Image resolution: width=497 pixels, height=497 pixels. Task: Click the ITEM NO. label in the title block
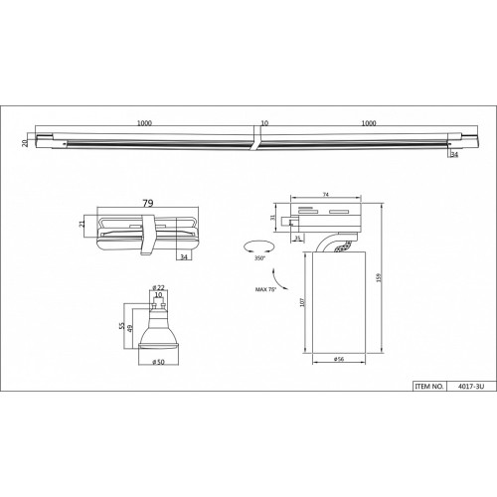(428, 387)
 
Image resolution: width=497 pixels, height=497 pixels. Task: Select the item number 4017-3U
(471, 387)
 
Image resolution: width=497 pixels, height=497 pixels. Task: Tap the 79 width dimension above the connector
(148, 203)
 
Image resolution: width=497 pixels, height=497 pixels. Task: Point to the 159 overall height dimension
(380, 277)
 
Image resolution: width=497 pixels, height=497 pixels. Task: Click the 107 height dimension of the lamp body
(302, 302)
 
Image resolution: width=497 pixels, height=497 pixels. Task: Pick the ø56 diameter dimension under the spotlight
(339, 359)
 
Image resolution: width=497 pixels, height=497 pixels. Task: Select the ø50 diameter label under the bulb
(158, 362)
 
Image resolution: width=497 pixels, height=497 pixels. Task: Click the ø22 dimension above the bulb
(159, 287)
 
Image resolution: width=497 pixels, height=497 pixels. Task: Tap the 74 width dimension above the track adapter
(326, 195)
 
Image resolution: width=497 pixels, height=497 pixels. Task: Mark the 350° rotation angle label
(259, 258)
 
